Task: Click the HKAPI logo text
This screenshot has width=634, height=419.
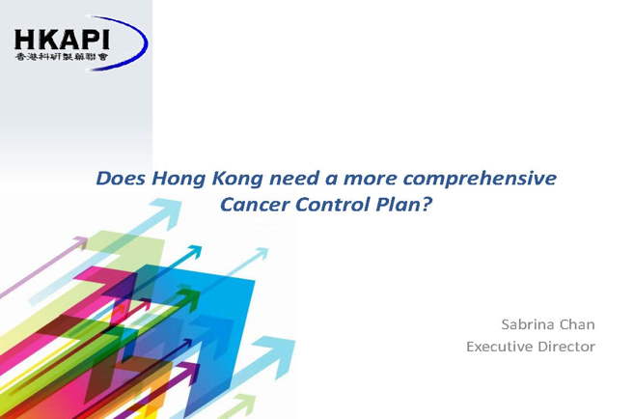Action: pyautogui.click(x=62, y=40)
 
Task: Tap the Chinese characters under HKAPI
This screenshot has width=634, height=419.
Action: pyautogui.click(x=62, y=57)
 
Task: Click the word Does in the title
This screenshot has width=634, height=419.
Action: pyautogui.click(x=120, y=179)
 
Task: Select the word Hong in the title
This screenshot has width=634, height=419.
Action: pyautogui.click(x=179, y=180)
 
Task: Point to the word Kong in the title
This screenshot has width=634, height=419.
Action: pyautogui.click(x=237, y=180)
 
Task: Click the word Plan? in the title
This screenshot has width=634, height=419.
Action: pyautogui.click(x=404, y=205)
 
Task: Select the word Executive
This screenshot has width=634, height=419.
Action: pyautogui.click(x=498, y=347)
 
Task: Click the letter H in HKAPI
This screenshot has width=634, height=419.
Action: pyautogui.click(x=24, y=40)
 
